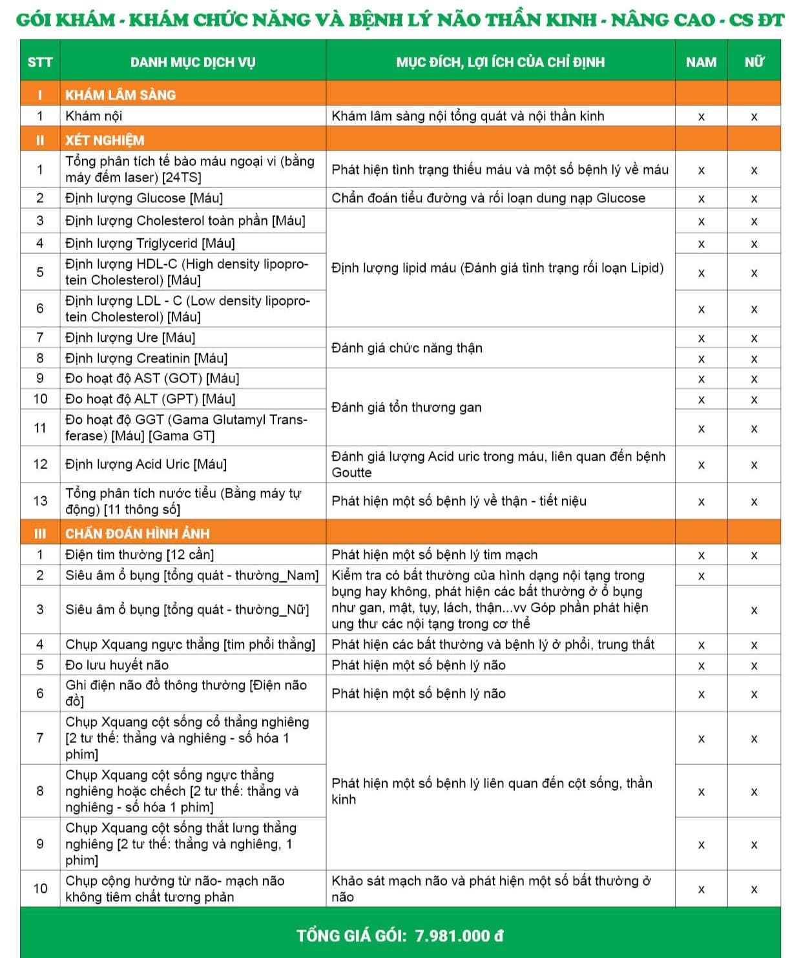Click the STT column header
pos(39,62)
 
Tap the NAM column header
pos(701,62)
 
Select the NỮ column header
pos(754,62)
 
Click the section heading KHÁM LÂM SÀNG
pos(120,95)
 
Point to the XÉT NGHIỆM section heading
pos(105,140)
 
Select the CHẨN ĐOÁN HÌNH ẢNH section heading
pos(137,534)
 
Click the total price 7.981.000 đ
pos(459,935)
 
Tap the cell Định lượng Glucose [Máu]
pos(143,198)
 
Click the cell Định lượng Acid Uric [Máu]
pos(146,464)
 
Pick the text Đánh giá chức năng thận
pos(407,348)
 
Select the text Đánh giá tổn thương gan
pos(406,407)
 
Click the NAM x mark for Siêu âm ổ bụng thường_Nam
pos(701,576)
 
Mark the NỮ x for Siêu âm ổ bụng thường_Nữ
pos(754,610)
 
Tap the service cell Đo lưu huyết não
pos(117,665)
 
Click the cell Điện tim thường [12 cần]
pos(140,555)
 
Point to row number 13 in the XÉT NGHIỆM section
pos(40,501)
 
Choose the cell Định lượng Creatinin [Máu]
pos(146,359)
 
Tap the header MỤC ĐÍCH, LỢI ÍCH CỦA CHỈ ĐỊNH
pos(500,62)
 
